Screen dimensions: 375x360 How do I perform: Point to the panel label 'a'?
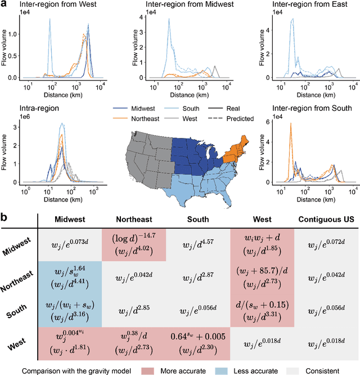click(4, 4)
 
